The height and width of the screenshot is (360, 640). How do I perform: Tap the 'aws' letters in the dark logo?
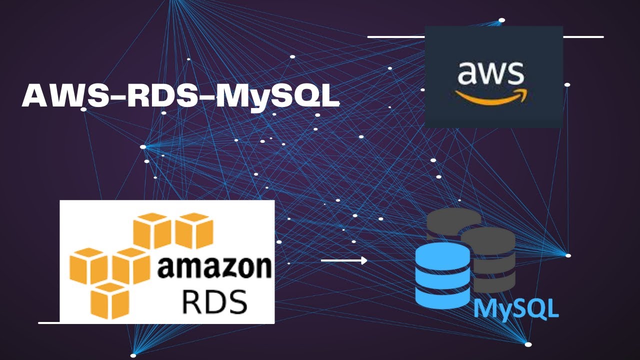(490, 73)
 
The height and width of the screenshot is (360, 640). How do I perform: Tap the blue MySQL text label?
(516, 308)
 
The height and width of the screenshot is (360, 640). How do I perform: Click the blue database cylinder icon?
(442, 275)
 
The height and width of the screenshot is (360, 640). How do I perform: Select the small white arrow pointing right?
(344, 260)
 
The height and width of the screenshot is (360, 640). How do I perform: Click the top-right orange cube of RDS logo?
(194, 230)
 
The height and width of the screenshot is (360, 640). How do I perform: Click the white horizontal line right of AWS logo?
(583, 37)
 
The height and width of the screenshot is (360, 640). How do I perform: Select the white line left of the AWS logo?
(396, 37)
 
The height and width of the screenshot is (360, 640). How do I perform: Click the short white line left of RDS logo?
(49, 323)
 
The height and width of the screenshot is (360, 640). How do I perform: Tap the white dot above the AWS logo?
(501, 20)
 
